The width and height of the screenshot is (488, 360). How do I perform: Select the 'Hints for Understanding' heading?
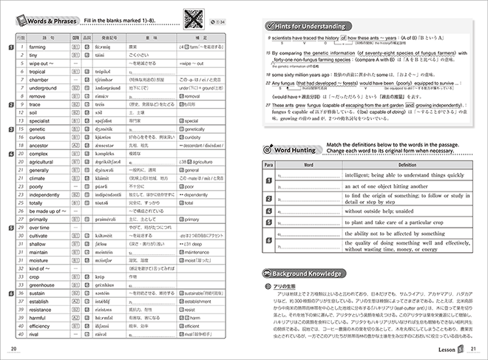[308, 24]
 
